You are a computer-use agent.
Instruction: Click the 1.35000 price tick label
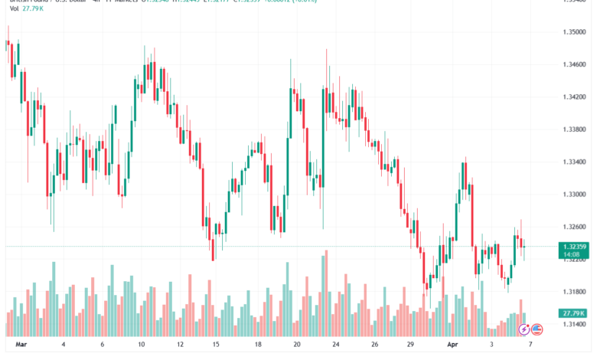pyautogui.click(x=570, y=32)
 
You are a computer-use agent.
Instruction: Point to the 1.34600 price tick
pyautogui.click(x=570, y=65)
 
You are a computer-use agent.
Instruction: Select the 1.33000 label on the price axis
pyautogui.click(x=570, y=195)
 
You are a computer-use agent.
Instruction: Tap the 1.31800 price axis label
pyautogui.click(x=570, y=292)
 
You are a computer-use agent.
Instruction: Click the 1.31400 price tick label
pyautogui.click(x=570, y=324)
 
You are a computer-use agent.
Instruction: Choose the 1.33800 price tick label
pyautogui.click(x=570, y=129)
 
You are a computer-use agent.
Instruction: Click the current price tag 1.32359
pyautogui.click(x=573, y=247)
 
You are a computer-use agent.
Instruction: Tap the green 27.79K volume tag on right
pyautogui.click(x=573, y=313)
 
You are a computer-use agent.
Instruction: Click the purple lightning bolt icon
pyautogui.click(x=524, y=329)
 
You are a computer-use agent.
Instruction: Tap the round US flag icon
pyautogui.click(x=537, y=329)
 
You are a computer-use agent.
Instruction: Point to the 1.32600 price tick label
pyautogui.click(x=570, y=227)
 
